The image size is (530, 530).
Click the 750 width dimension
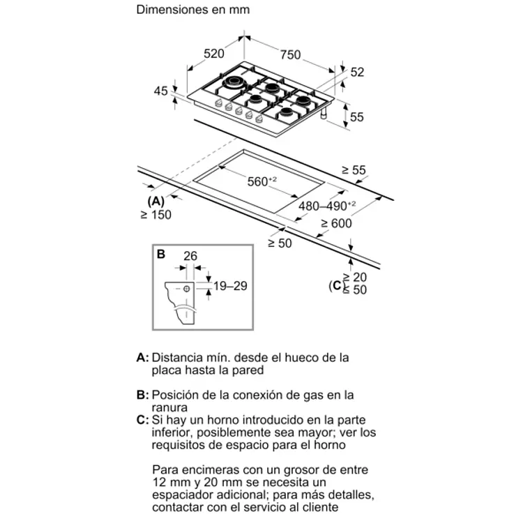pos(291,54)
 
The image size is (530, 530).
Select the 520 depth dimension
pos(213,54)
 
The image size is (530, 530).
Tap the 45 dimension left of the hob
pos(161,91)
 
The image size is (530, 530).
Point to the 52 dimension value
pos(358,71)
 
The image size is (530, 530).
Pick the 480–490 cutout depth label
pos(327,206)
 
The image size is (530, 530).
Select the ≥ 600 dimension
pos(336,223)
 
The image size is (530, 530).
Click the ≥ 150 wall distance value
pos(155,215)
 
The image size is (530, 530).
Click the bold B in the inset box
pos(161,255)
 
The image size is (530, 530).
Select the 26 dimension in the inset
pos(190,257)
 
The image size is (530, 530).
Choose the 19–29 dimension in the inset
pos(231,285)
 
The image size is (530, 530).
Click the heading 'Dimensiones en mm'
pos(192,10)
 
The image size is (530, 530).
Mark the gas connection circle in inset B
pos(188,287)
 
